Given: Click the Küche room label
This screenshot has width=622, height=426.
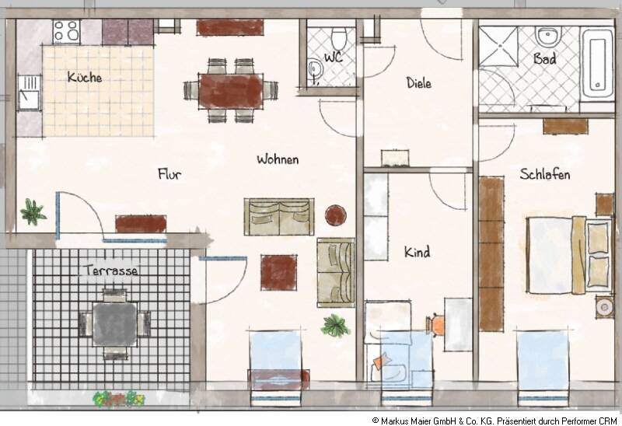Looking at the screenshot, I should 84,78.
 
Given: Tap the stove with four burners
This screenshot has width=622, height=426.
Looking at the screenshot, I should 66,31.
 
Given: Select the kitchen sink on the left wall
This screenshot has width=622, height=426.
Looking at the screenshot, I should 29,93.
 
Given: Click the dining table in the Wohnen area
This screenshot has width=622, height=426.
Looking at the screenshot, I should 232,90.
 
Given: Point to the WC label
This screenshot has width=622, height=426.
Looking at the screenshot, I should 333,58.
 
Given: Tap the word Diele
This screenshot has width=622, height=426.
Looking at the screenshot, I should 418,83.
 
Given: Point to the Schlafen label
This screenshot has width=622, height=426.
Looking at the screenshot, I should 544,174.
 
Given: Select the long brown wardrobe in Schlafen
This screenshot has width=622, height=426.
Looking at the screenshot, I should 491,253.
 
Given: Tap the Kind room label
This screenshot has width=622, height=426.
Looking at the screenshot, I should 417,252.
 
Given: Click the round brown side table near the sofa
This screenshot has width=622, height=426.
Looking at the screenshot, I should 336,215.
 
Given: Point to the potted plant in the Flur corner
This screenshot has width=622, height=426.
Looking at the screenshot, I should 33,211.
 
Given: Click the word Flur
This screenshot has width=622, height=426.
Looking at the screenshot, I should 169,174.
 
